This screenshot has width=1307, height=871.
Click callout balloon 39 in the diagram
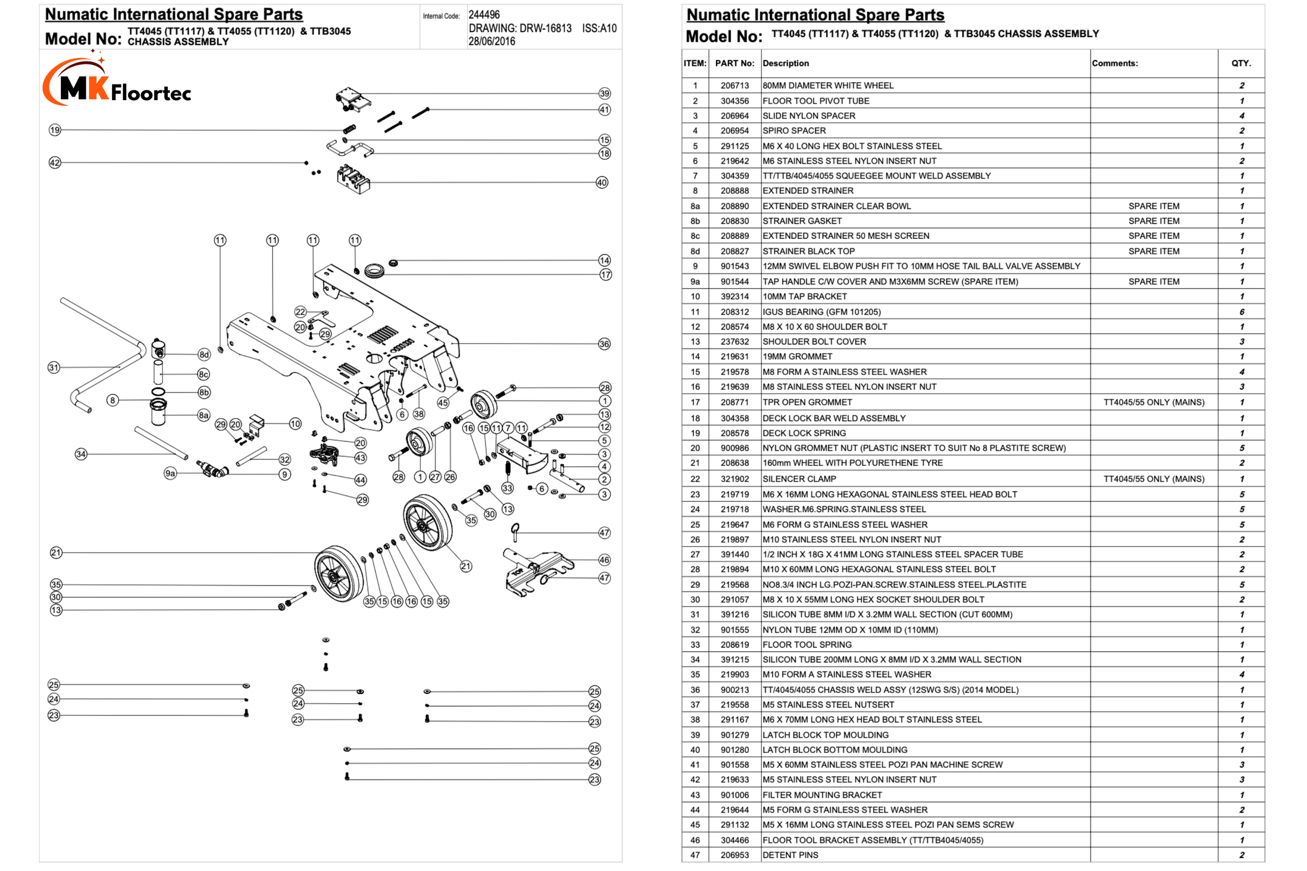coord(604,93)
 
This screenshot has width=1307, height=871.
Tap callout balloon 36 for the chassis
coord(604,344)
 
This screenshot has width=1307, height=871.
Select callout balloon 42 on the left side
coord(54,163)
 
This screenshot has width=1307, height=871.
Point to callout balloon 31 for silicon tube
coord(53,367)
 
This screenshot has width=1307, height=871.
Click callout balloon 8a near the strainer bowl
coord(204,415)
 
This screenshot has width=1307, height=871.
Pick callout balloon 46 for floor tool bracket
coord(604,560)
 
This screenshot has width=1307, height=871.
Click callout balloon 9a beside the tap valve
coord(170,473)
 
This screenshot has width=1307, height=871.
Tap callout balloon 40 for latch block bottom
coord(602,182)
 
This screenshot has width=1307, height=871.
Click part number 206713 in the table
coord(735,85)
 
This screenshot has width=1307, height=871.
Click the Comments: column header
coord(1115,63)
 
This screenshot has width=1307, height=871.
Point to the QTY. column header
coord(1241,63)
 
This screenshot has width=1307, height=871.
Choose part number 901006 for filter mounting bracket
coord(735,795)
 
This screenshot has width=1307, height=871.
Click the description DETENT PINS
coord(790,855)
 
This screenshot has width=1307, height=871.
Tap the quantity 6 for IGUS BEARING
coord(1242,311)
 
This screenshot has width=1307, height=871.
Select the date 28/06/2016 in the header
coord(492,42)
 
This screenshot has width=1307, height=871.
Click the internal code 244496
coord(484,15)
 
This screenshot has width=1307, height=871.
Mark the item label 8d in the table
coord(695,251)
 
